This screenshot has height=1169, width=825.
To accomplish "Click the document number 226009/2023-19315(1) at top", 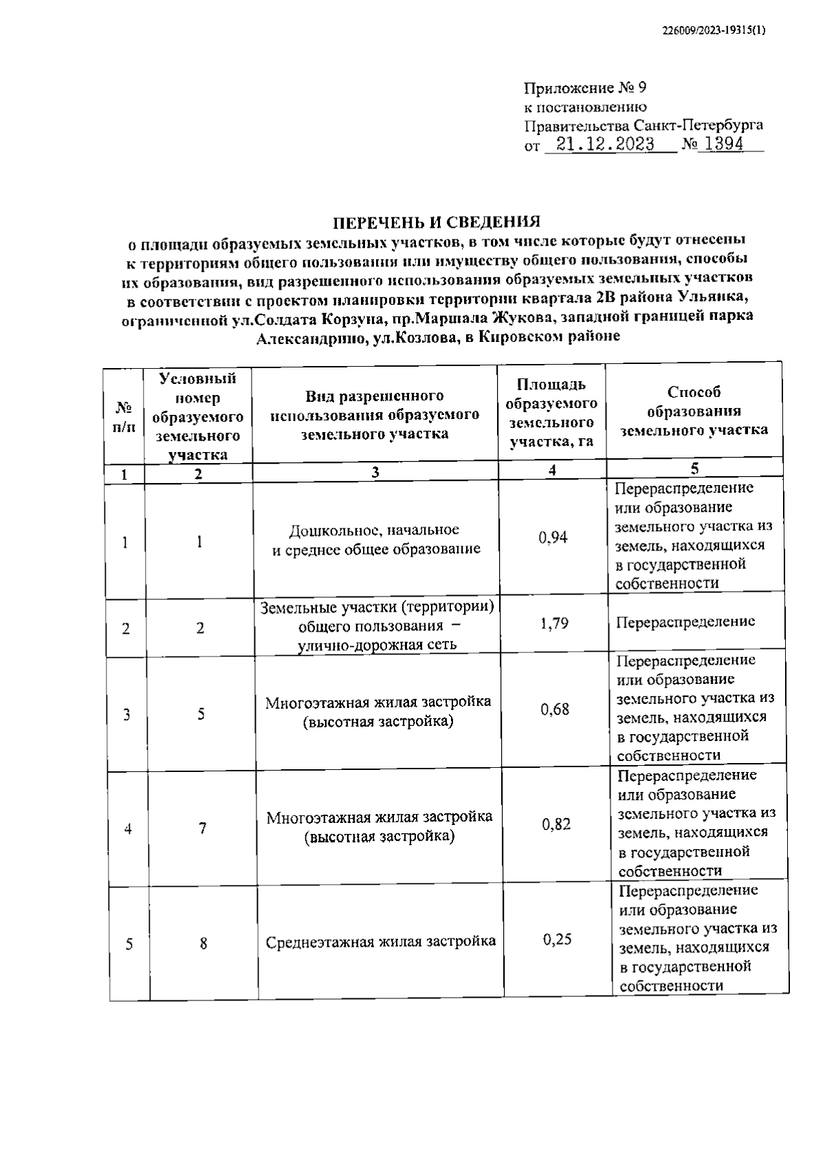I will pos(714,30).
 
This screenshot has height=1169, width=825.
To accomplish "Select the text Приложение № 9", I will pos(585,88).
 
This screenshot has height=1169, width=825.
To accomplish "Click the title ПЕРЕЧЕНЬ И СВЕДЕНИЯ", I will pos(437,222).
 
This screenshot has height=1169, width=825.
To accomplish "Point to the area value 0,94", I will pos(553,537).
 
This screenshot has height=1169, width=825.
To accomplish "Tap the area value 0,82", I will pos(556,824).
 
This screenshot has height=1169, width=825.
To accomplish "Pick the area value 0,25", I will pos(557,939).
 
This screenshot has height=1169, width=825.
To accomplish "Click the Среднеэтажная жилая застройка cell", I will pos(381,942).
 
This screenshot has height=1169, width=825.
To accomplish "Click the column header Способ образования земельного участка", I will pos(694,411).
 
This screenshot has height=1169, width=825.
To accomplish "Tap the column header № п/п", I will pos(123,416).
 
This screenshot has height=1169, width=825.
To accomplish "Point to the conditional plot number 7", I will pos(203,828).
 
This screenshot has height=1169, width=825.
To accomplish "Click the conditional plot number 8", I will pos(203,943).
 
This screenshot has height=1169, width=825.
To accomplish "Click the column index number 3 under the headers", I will pos(375,473).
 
